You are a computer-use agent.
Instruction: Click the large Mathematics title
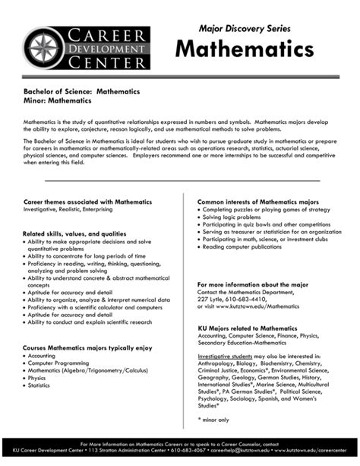click(x=233, y=52)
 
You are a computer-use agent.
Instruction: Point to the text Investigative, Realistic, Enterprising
click(x=68, y=208)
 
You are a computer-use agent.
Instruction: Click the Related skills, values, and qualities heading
click(x=74, y=233)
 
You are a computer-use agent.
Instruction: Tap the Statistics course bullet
click(x=43, y=385)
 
